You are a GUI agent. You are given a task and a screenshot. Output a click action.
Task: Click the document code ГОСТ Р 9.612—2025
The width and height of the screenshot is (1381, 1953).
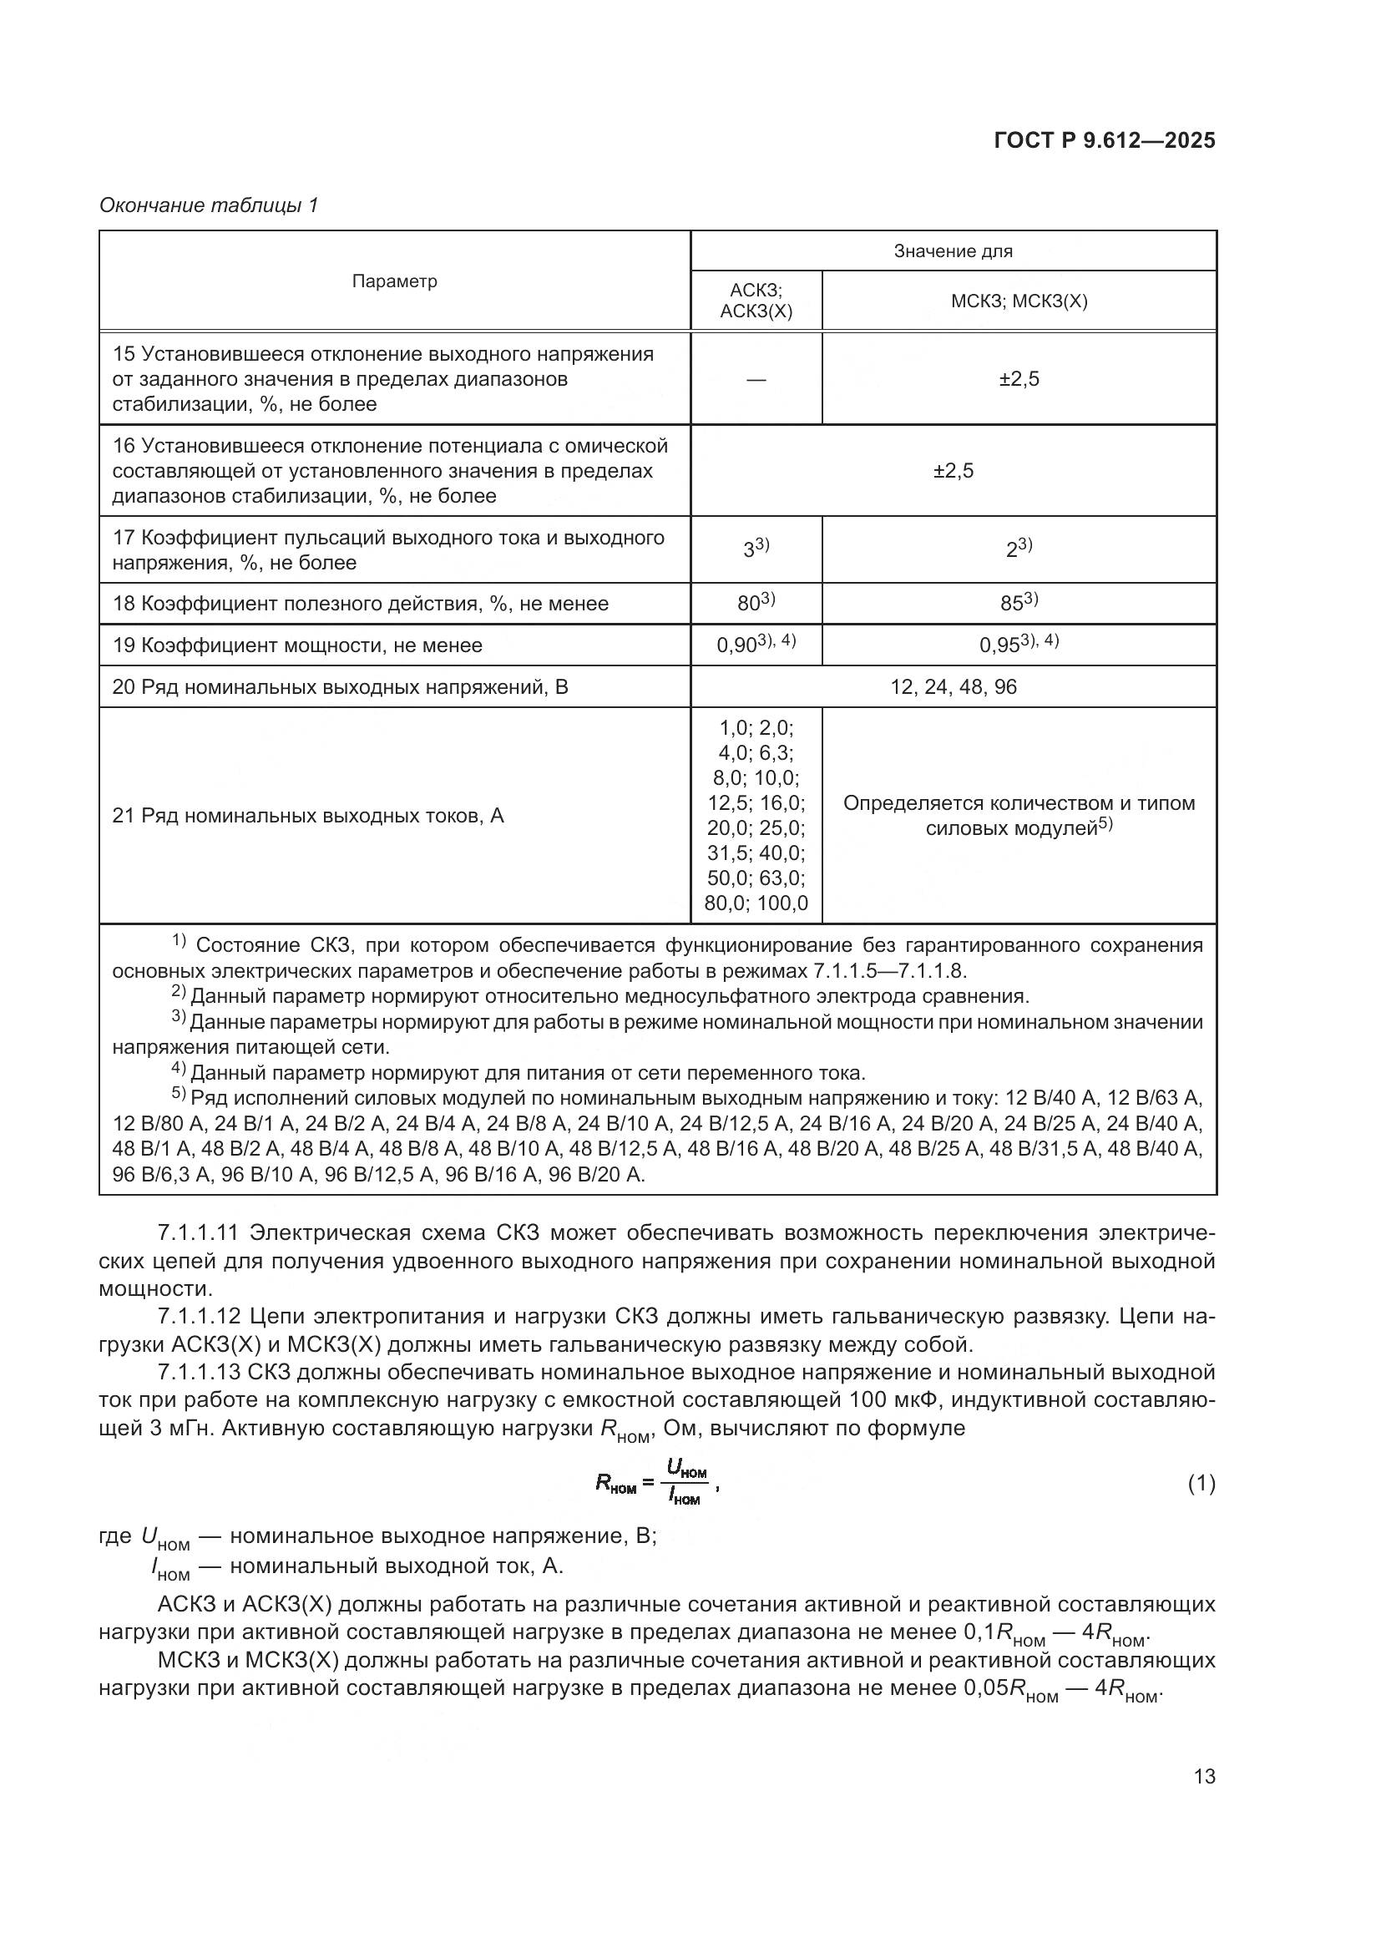click(1104, 141)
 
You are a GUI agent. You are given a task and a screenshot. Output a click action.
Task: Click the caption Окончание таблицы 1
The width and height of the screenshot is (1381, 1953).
click(209, 205)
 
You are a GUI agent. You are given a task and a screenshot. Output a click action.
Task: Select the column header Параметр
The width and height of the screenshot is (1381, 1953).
click(395, 281)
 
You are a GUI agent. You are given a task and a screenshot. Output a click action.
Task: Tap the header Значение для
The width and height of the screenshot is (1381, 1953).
click(953, 251)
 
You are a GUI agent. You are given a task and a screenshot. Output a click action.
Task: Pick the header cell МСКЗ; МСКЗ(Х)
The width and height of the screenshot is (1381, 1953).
click(1019, 301)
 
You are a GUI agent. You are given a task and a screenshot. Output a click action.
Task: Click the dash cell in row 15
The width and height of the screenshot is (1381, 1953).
click(755, 379)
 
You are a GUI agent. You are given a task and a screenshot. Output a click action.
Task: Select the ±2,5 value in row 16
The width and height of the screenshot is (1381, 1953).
click(953, 470)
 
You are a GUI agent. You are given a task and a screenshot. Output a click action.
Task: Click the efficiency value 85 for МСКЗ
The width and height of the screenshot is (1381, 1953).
click(1017, 604)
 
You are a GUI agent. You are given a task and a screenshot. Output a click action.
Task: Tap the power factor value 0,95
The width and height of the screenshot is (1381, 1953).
click(1017, 645)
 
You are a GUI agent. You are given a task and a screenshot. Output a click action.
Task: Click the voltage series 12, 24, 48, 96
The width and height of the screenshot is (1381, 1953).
click(953, 686)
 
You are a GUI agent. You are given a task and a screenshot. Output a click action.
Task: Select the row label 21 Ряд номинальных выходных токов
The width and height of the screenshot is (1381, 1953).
click(308, 816)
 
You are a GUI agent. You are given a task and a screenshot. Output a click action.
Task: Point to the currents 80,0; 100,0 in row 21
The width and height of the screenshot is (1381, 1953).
click(755, 903)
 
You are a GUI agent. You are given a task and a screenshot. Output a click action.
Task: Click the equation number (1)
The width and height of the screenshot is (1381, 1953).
click(1201, 1485)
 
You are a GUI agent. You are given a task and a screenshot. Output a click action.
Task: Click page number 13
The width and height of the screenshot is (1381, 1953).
click(1204, 1776)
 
